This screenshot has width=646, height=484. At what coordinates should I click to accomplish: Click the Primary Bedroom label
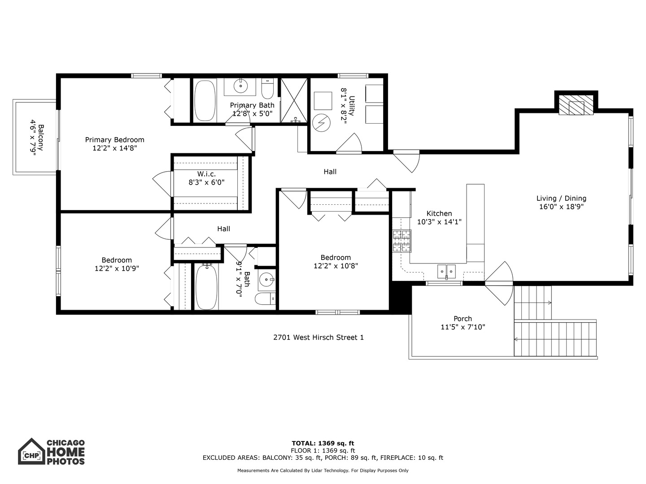(114, 140)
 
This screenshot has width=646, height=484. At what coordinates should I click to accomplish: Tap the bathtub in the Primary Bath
(205, 100)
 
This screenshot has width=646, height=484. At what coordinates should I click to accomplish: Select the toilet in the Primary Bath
(267, 90)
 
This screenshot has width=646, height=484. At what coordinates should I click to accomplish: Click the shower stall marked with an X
(294, 100)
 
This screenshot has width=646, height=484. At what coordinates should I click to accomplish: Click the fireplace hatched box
(576, 106)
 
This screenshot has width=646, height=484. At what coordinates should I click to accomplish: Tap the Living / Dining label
(561, 199)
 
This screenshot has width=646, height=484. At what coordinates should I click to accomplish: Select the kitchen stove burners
(402, 242)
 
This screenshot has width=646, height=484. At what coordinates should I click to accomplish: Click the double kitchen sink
(446, 271)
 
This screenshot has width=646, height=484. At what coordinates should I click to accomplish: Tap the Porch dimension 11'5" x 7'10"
(463, 327)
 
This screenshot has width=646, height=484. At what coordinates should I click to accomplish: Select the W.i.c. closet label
(206, 174)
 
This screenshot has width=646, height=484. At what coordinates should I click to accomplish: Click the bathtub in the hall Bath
(206, 287)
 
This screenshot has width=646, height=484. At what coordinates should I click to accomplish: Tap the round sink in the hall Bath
(266, 280)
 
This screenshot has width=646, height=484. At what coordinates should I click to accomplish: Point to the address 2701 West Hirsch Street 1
(319, 337)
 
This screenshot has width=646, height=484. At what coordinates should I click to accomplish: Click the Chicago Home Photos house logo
(31, 452)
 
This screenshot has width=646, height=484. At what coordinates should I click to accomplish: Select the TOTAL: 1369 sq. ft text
(323, 444)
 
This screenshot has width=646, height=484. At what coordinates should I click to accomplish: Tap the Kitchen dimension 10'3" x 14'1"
(439, 222)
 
